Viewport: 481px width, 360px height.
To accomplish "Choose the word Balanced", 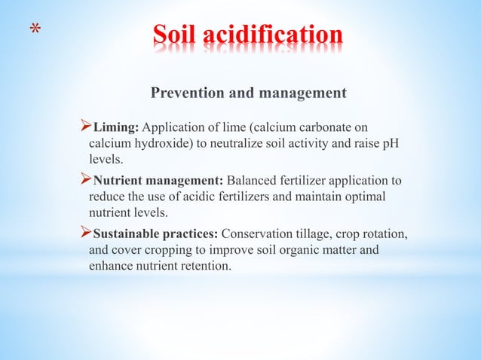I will click(x=253, y=181).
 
